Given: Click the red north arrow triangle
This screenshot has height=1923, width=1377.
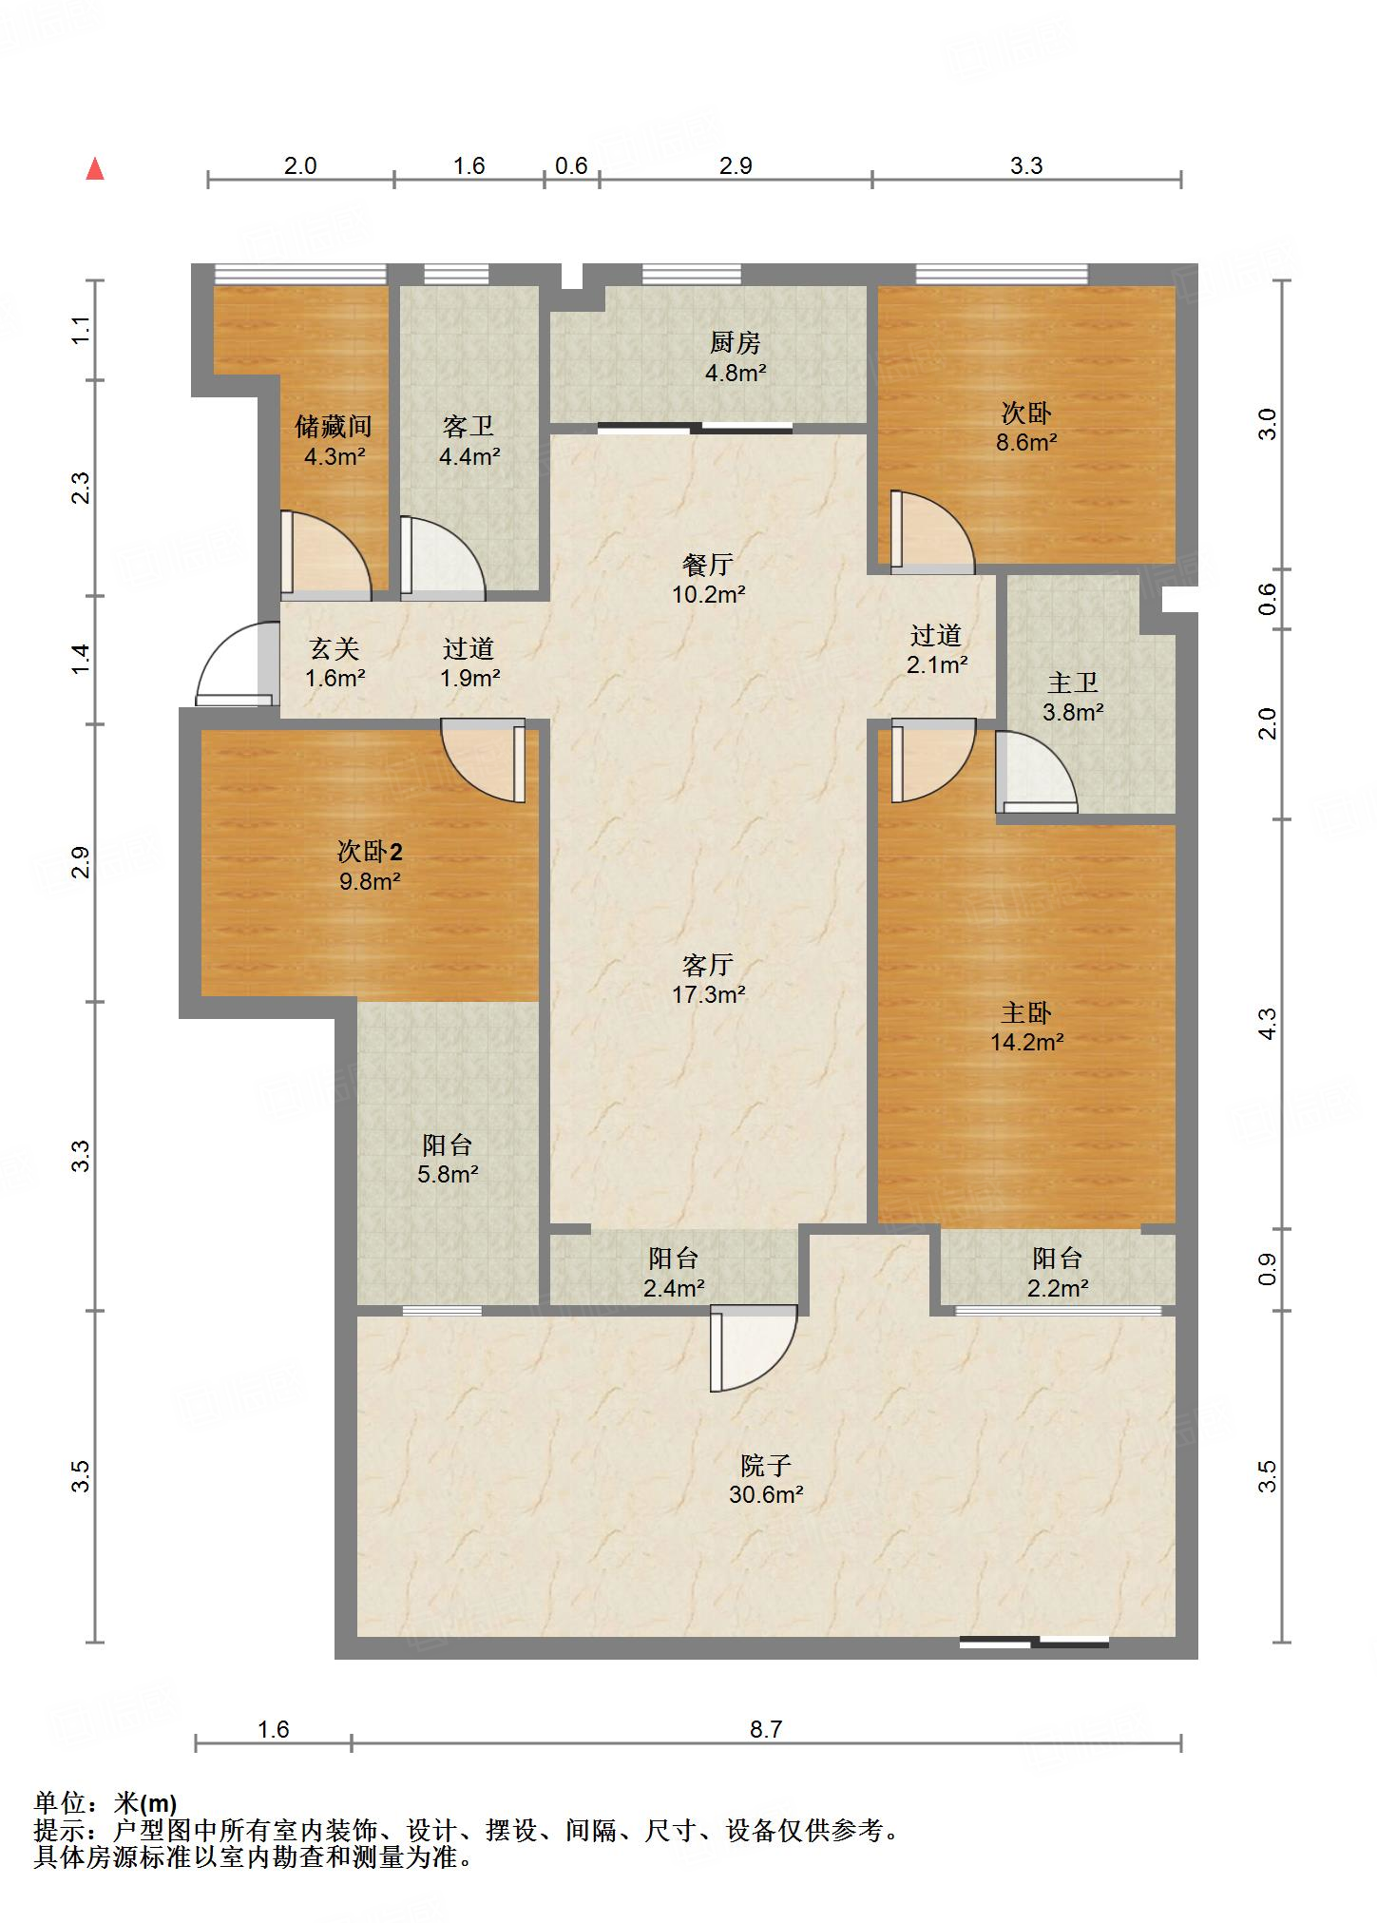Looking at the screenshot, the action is tap(95, 169).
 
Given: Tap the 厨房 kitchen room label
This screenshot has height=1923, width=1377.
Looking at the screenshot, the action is tap(736, 342).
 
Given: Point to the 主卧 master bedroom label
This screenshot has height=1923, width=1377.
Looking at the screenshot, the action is tap(1026, 1012).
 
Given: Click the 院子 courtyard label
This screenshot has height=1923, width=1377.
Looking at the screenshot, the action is tap(766, 1466).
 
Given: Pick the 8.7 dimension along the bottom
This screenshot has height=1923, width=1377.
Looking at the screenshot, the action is tap(766, 1729).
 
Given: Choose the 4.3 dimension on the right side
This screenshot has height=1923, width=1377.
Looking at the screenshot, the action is tap(1268, 1023).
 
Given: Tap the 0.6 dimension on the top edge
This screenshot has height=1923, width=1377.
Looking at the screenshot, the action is tap(571, 166).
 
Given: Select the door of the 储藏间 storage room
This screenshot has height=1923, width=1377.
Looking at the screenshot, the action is tap(325, 557).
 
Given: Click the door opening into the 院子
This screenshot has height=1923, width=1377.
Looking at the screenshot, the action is tap(754, 1349).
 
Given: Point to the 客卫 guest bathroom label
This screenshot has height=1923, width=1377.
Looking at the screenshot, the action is tap(469, 426).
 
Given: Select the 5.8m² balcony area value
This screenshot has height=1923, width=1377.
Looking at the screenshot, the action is tap(448, 1175).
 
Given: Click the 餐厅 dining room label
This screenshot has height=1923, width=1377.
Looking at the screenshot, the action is tap(708, 565).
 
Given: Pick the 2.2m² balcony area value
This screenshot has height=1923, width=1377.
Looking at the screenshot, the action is tap(1058, 1289).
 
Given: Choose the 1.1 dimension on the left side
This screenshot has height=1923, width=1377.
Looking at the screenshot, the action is tap(82, 330).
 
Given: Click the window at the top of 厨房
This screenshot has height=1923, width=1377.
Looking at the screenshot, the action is tap(691, 275).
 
